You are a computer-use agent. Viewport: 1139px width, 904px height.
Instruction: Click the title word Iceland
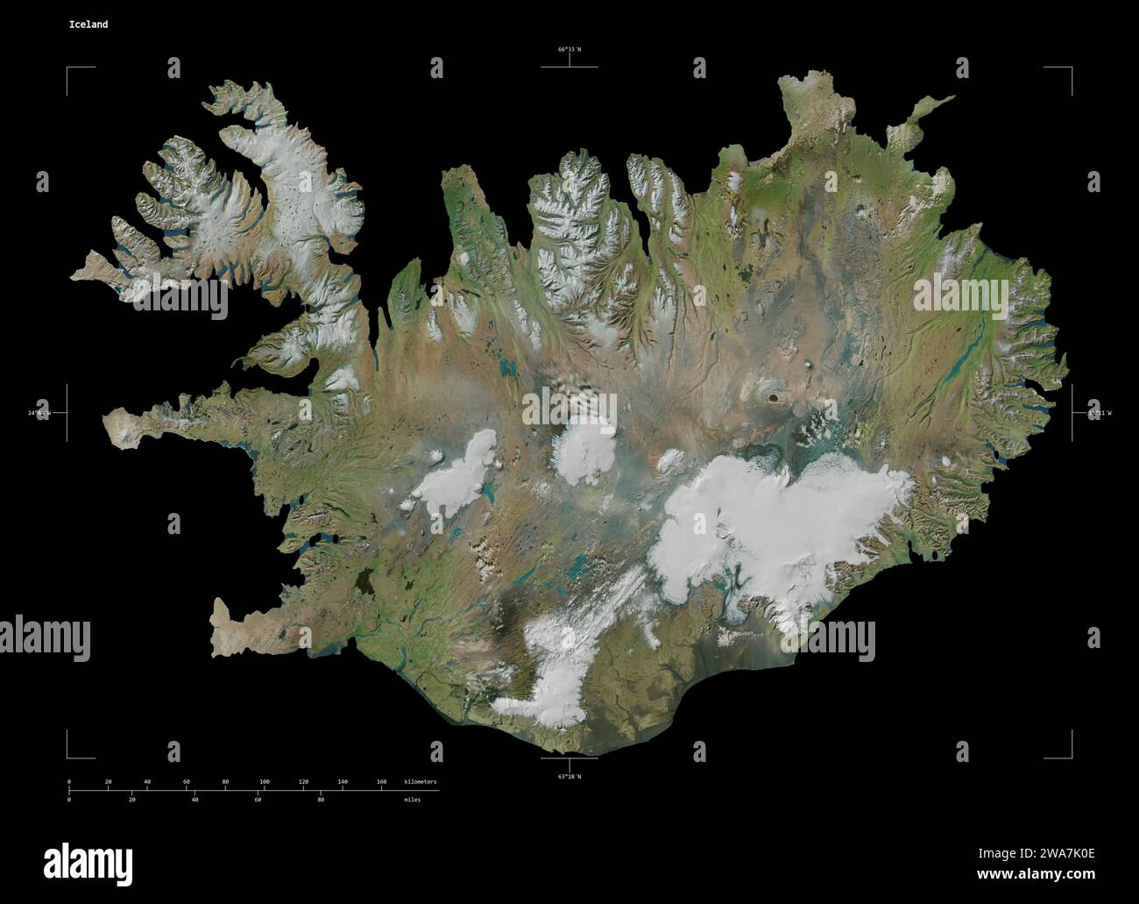click(88, 25)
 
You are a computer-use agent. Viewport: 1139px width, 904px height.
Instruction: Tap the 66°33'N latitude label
click(569, 50)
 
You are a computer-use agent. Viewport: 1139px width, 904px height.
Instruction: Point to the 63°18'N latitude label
click(569, 776)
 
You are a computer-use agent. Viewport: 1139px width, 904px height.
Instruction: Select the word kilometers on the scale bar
click(420, 781)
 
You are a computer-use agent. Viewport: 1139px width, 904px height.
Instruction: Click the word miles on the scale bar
click(412, 800)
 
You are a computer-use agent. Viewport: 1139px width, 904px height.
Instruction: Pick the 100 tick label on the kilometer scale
click(264, 781)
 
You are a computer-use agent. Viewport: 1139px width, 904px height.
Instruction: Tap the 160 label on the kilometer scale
click(381, 781)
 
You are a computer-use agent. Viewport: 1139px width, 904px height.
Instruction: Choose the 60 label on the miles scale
click(258, 800)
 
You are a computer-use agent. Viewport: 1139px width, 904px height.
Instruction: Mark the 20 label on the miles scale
click(131, 800)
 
